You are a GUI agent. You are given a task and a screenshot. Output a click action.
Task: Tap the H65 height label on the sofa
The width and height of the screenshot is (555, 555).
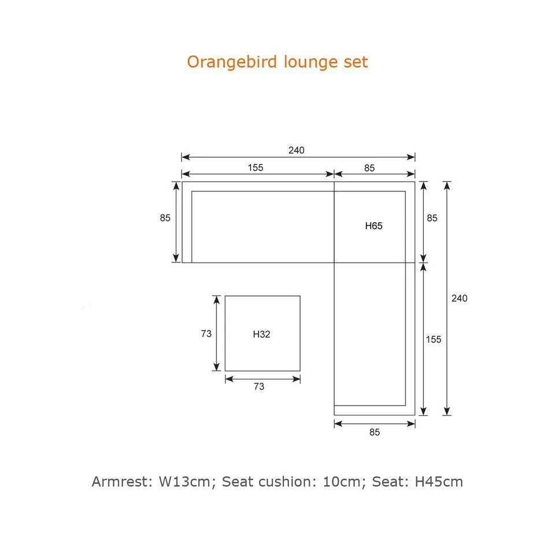click(374, 226)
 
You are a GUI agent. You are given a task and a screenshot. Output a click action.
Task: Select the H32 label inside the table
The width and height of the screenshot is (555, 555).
click(261, 334)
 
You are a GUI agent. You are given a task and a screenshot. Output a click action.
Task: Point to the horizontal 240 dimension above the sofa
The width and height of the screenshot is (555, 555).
click(296, 150)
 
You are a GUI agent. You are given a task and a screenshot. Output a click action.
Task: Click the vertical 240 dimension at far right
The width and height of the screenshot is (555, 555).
click(460, 298)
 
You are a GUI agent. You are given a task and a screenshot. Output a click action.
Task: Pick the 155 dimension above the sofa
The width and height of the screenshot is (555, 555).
click(256, 168)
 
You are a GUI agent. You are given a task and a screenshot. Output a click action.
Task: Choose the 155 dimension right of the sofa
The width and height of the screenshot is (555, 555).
click(434, 339)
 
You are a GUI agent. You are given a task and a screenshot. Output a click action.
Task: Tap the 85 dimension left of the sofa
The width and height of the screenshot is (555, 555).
click(165, 218)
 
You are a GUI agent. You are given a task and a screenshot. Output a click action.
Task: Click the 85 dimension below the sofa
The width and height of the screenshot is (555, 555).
click(375, 432)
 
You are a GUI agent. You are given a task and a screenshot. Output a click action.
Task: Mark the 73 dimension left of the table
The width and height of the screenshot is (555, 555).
click(206, 334)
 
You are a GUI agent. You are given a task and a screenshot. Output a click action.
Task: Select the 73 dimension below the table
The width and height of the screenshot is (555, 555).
click(259, 387)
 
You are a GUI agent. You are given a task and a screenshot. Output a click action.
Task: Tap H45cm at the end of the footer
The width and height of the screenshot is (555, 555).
click(439, 482)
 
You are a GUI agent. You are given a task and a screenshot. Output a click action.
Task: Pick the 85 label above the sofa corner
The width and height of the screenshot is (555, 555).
click(369, 168)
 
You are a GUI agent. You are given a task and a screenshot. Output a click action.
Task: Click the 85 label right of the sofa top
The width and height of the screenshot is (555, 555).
click(432, 218)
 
